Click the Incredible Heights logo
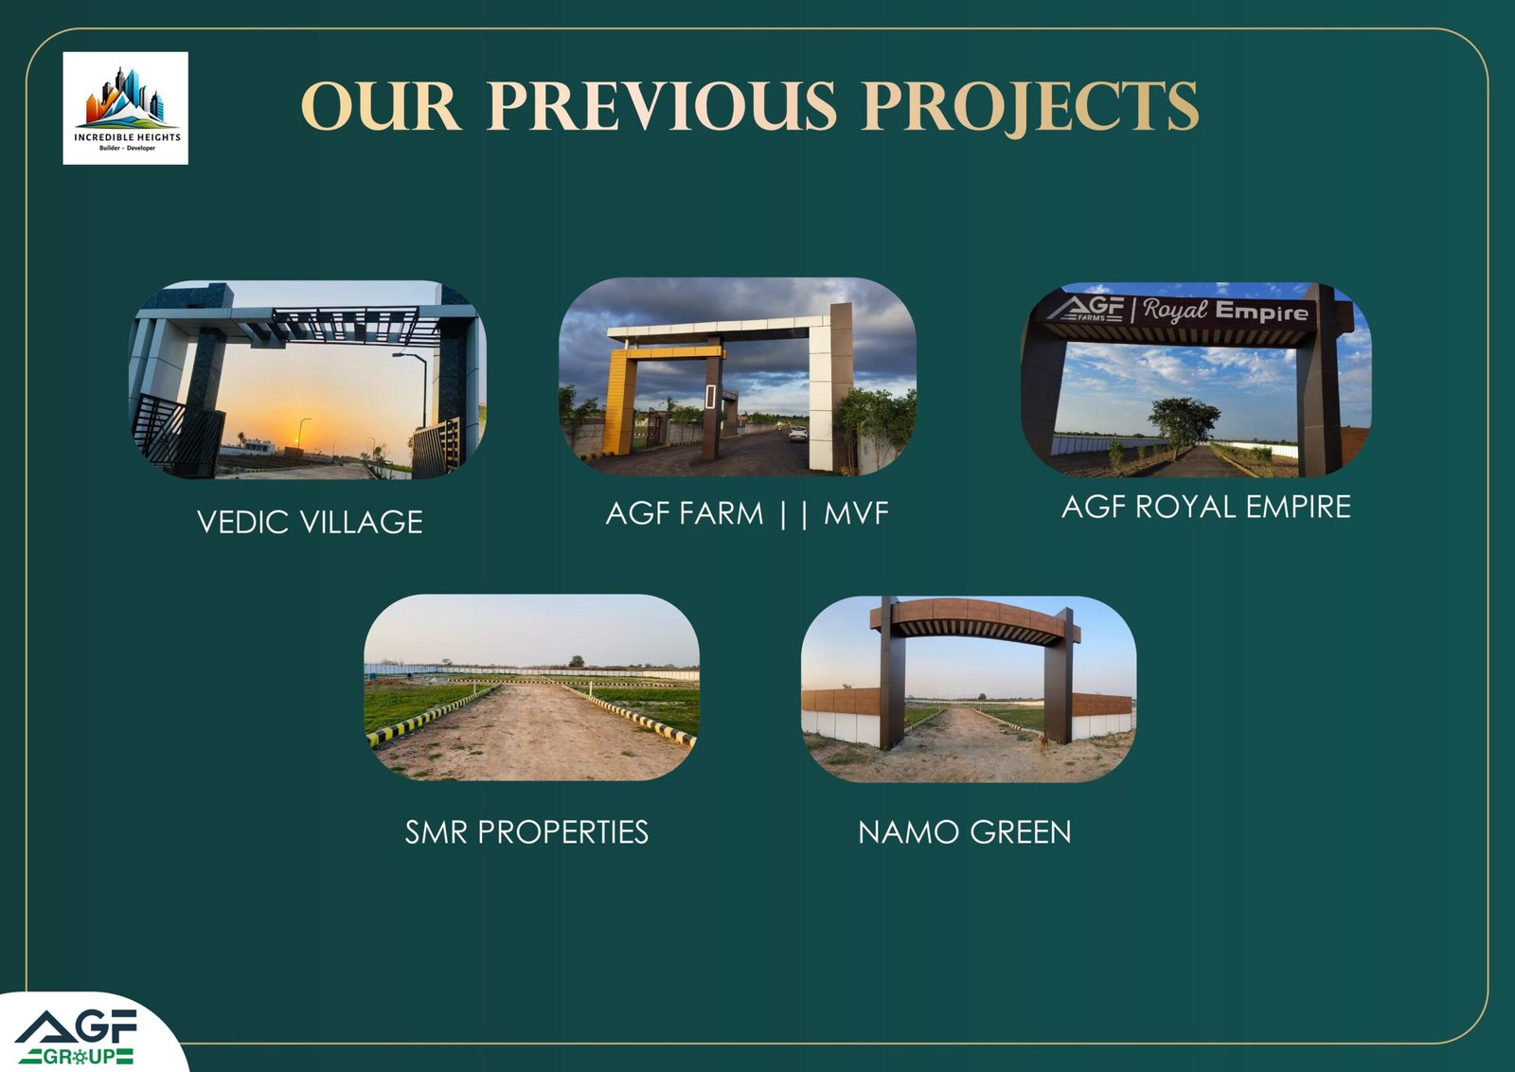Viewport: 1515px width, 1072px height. (126, 108)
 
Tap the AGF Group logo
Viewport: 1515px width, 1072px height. (77, 1037)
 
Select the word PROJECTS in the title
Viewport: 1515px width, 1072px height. (1031, 108)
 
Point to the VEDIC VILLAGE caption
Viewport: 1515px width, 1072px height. (310, 522)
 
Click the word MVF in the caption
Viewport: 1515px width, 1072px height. (856, 513)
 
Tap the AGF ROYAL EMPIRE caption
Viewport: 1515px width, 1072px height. (1206, 507)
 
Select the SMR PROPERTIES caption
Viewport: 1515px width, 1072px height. (526, 831)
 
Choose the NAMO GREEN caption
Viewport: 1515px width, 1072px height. (965, 831)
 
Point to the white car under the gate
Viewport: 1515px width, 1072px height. (798, 434)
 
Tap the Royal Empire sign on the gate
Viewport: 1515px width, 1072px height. (1179, 311)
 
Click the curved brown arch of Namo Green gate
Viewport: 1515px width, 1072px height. (974, 618)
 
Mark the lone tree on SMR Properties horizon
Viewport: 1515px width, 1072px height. (577, 661)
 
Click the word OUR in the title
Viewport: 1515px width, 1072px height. (382, 107)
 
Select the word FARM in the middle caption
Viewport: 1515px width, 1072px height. (722, 513)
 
